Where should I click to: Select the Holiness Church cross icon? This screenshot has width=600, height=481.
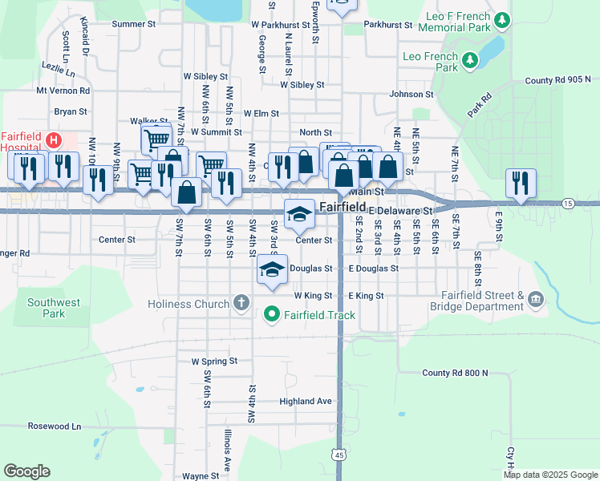240,303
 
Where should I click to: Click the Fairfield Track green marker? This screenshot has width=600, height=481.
272,315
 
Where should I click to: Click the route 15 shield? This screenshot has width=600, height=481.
568,204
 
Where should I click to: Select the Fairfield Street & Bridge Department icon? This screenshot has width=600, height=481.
535,301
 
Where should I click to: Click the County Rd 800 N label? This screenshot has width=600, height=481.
455,374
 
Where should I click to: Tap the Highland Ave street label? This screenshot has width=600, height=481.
305,401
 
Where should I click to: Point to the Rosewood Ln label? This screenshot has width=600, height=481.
55,426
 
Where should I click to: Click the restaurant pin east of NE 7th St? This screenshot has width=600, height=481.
521,184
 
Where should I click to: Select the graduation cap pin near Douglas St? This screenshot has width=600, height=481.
272,269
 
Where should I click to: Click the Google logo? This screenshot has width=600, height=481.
26,471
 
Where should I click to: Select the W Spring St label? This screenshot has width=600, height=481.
214,362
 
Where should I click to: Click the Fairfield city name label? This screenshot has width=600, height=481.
343,207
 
